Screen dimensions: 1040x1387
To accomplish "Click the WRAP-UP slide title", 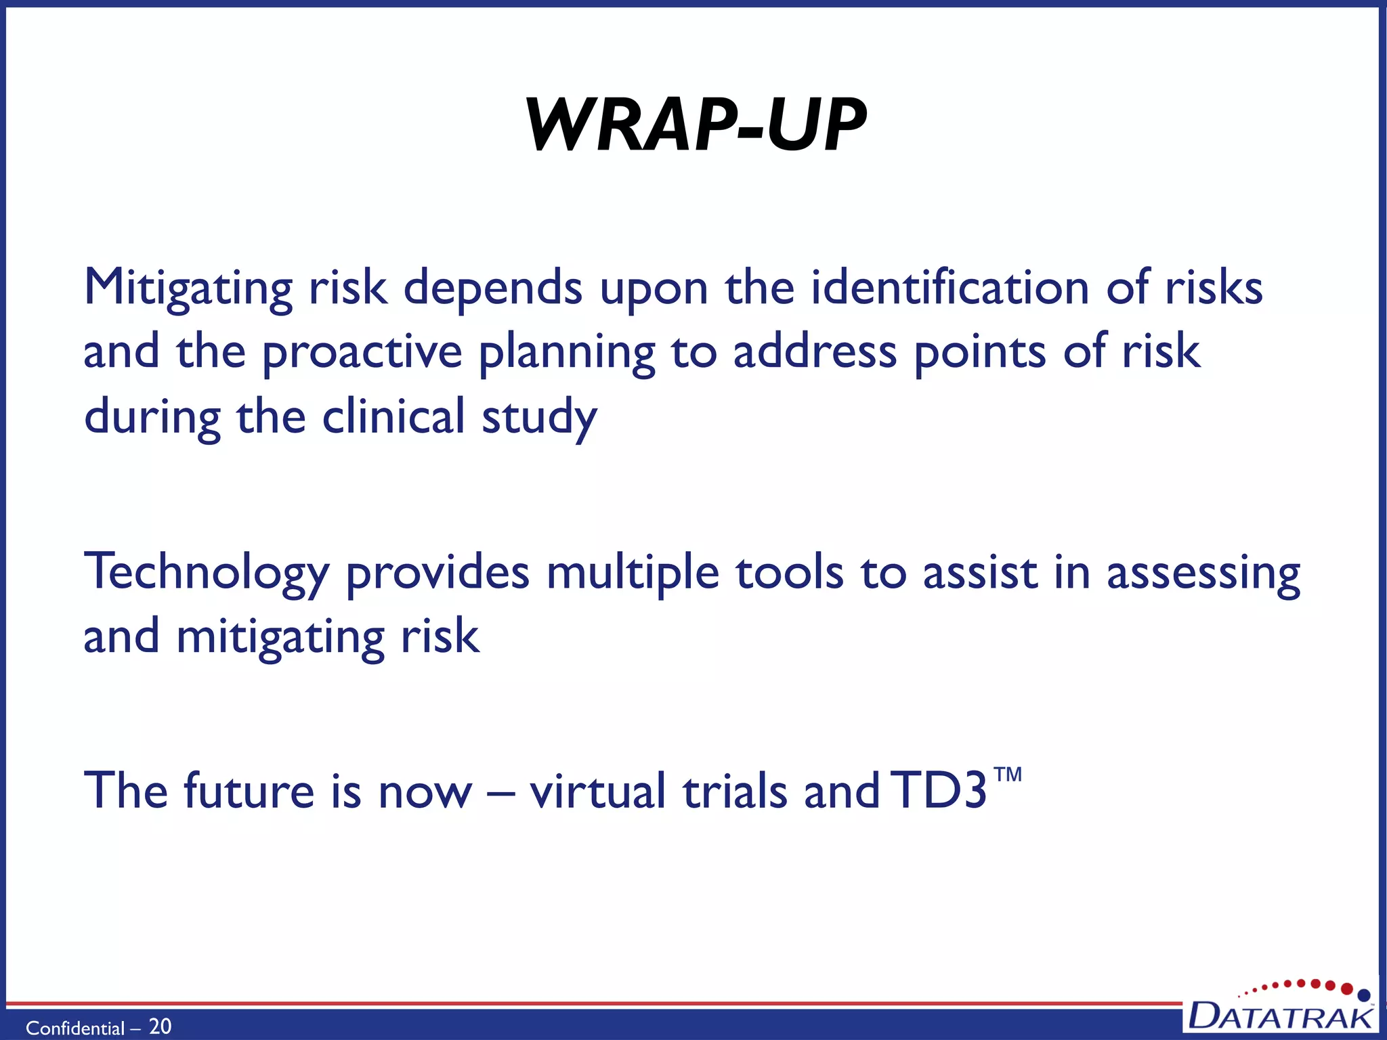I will pos(696,125).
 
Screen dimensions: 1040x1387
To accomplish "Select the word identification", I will pos(949,287).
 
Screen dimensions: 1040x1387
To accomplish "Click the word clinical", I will pos(393,417).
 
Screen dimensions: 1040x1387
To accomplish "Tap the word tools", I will pos(790,573).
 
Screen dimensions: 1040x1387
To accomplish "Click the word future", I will pos(249,791).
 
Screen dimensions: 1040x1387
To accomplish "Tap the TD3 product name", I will pos(938,791).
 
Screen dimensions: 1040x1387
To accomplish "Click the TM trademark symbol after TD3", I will pos(1008,774).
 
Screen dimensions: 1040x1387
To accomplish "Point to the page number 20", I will pos(160,1026).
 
